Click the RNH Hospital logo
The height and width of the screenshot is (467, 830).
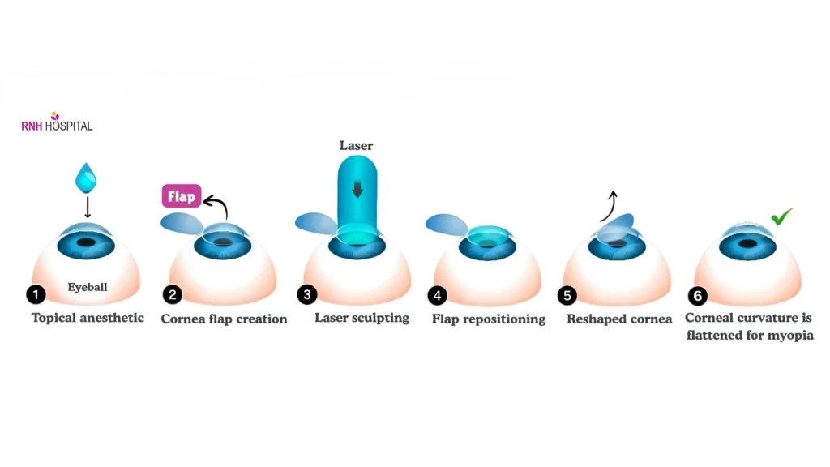[57, 123]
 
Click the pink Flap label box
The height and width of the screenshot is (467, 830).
[182, 196]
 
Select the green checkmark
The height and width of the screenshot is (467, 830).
[781, 216]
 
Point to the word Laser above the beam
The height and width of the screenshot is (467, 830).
[356, 146]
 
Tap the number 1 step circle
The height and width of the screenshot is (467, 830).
[36, 294]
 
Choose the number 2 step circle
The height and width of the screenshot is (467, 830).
[172, 295]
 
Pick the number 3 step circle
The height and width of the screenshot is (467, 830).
[306, 294]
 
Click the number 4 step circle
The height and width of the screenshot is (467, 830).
[438, 295]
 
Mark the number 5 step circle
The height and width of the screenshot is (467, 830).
[568, 295]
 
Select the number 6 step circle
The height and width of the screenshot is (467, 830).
[696, 296]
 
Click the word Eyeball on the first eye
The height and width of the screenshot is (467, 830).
[88, 287]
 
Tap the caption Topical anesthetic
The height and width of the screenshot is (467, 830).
[88, 318]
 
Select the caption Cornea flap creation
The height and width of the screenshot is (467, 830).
[224, 319]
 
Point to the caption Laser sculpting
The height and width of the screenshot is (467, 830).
[362, 318]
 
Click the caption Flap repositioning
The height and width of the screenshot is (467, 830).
[489, 319]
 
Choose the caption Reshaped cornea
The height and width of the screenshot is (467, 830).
[619, 319]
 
